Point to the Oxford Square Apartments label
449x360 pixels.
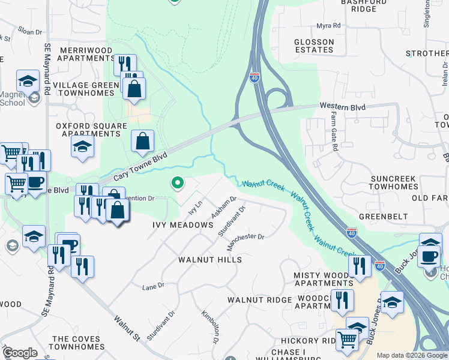point(92,130)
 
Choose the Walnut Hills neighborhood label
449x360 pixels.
point(210,260)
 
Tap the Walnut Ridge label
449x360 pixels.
point(259,299)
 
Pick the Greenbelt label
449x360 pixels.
point(383,216)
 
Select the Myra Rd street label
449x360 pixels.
point(328,26)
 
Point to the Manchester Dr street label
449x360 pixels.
point(245,242)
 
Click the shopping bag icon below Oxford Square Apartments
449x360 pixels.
point(143,142)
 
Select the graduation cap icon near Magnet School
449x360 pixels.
point(28,80)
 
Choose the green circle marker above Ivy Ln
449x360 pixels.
point(177,182)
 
